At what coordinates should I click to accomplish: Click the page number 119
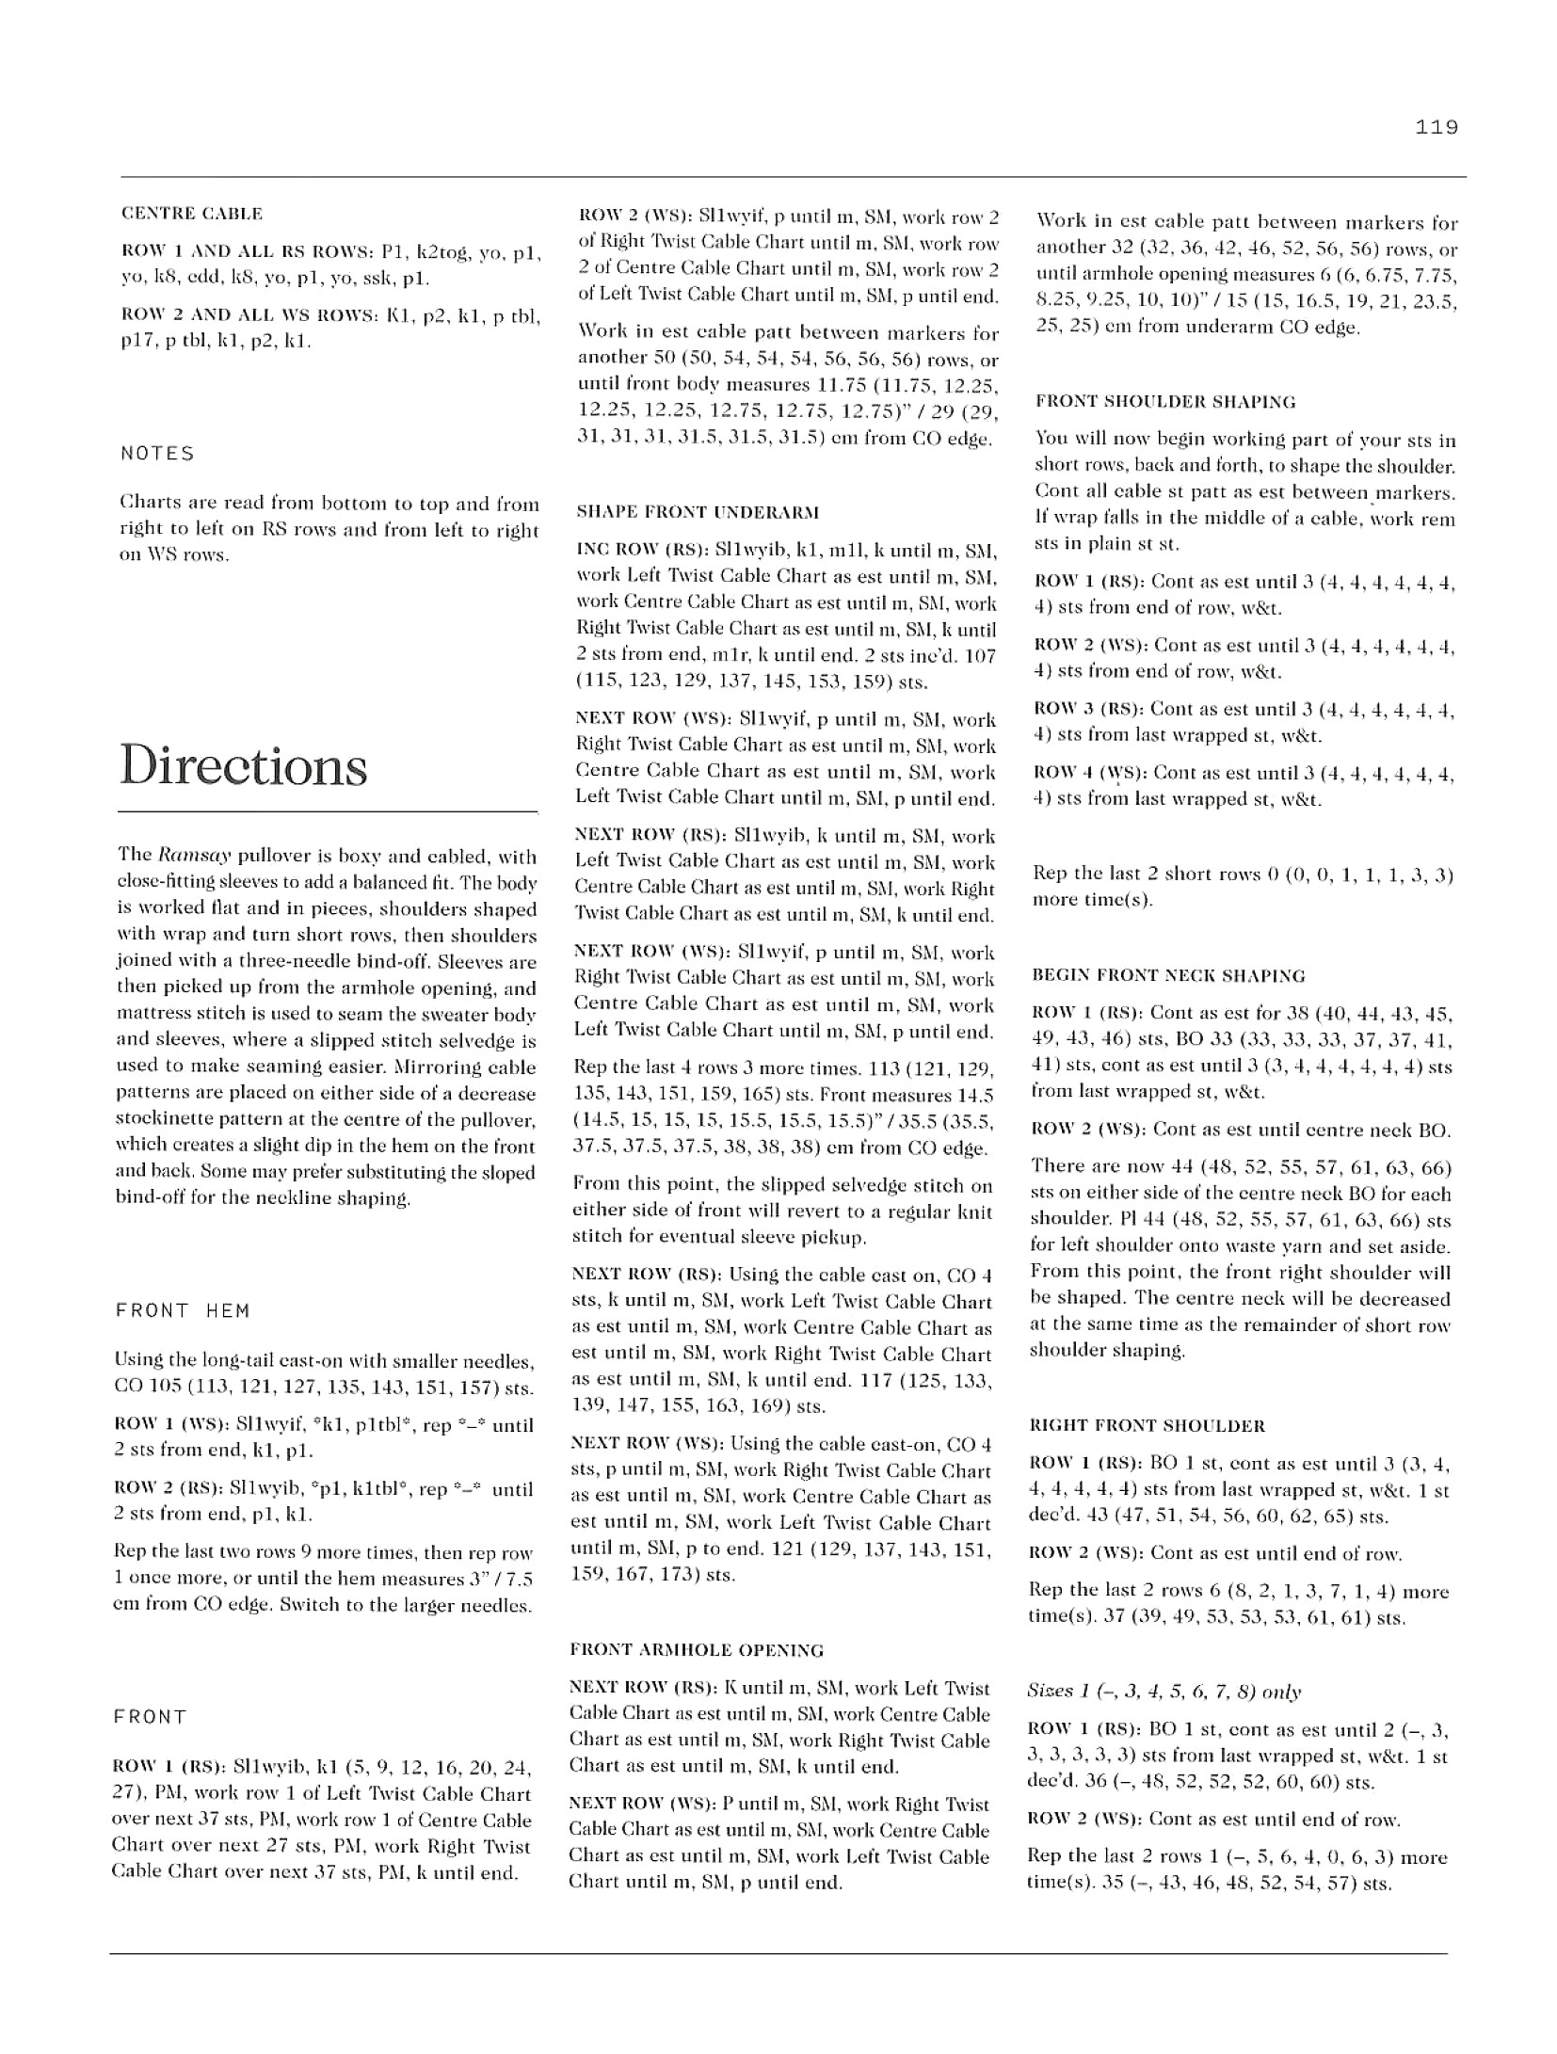[x=1436, y=127]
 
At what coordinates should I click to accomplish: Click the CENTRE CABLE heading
[x=192, y=214]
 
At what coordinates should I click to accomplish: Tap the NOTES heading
[x=157, y=454]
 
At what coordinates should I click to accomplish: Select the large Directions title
[x=244, y=766]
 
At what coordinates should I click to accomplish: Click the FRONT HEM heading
[x=183, y=1310]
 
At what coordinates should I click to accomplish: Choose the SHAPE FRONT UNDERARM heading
[x=697, y=512]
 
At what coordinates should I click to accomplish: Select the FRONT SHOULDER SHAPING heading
[x=1164, y=402]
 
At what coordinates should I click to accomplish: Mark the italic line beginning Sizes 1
[x=1164, y=1692]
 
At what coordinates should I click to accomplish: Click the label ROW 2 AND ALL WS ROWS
[x=248, y=314]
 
